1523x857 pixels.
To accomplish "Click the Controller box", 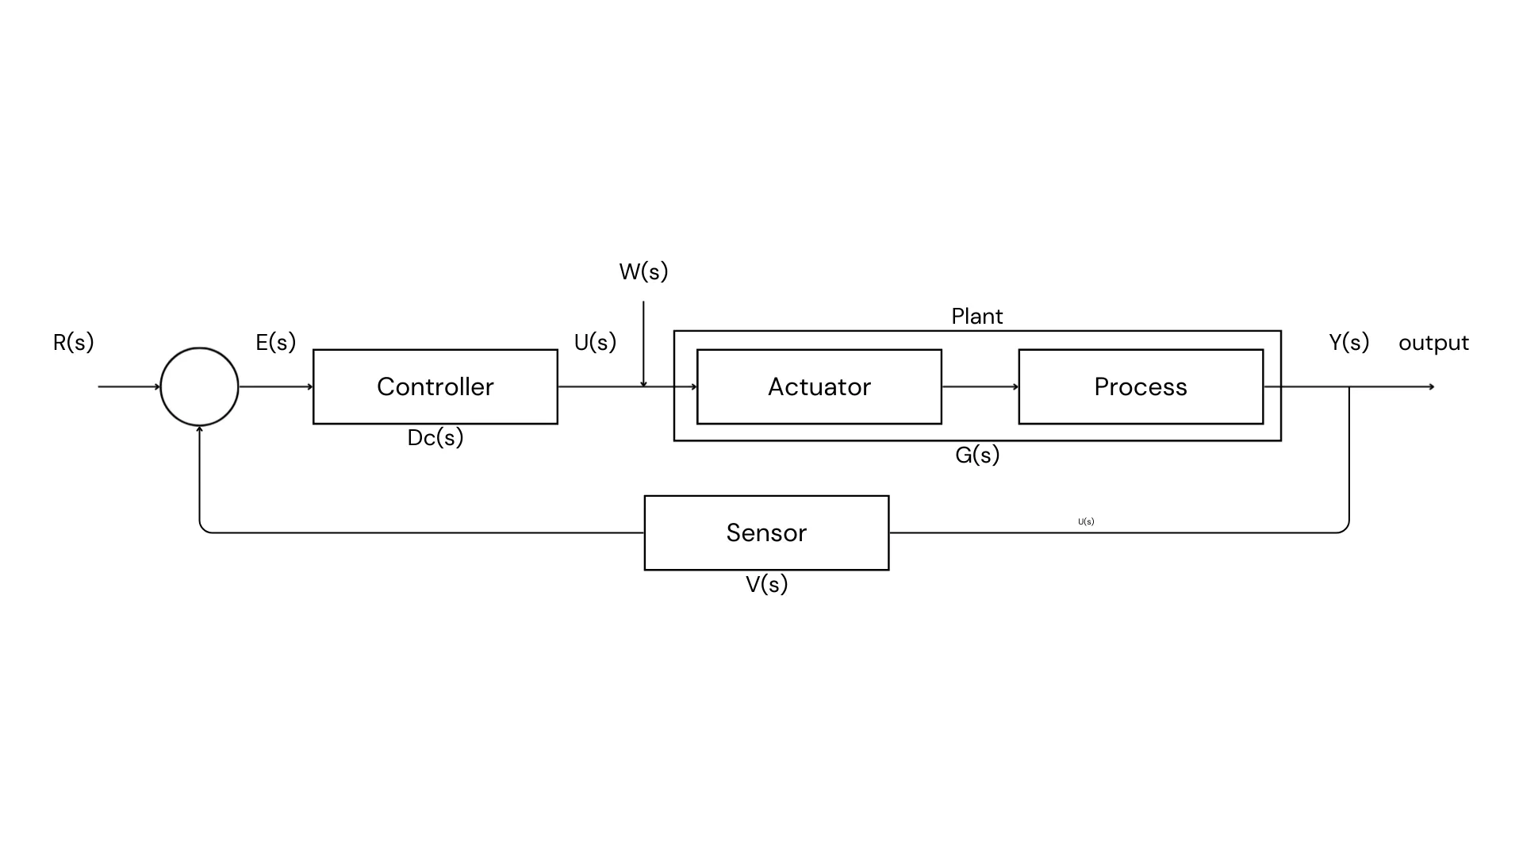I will coord(435,386).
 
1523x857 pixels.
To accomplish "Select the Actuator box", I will coord(819,386).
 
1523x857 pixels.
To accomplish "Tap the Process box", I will coord(1141,386).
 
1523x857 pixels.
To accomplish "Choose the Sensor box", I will coord(766,532).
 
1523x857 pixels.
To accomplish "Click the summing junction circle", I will coord(199,386).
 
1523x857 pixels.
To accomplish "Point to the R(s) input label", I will coord(73,342).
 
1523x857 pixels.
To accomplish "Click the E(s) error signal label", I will coord(275,342).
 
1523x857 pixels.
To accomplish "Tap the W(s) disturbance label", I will coord(643,271).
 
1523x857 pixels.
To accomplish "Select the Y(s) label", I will coord(1348,342).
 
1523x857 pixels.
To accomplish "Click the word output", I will coord(1433,343).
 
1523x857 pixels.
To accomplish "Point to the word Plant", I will coord(976,316).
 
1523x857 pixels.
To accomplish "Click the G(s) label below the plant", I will coord(976,455).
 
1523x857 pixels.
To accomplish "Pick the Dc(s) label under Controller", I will coord(435,437).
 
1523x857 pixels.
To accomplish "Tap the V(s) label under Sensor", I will coord(766,584).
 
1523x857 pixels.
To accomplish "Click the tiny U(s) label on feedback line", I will coord(1086,521).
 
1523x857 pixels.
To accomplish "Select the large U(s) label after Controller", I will coord(595,342).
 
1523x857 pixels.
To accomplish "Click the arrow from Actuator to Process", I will coord(980,386).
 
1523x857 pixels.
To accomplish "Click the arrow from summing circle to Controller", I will coord(275,386).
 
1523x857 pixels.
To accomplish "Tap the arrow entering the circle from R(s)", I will coord(129,386).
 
